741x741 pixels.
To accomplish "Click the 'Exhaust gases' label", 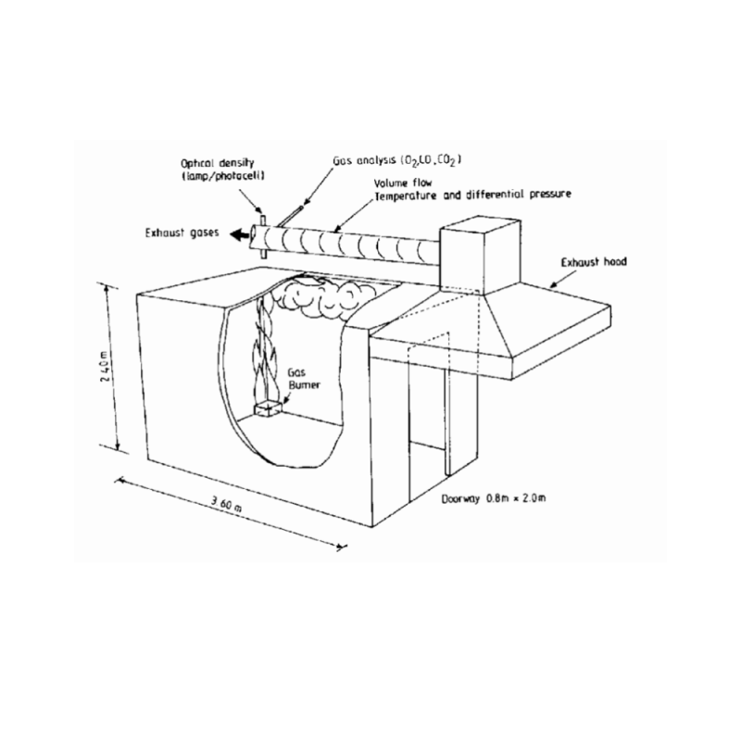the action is tap(182, 233).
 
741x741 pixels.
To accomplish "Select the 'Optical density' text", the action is tap(218, 164).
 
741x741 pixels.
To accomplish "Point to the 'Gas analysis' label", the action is tap(364, 160).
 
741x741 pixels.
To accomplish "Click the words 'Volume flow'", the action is tap(403, 182).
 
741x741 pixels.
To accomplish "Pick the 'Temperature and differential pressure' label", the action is tap(472, 195).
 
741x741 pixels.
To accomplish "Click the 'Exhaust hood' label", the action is tap(594, 262).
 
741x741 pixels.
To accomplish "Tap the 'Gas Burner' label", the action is tap(305, 379).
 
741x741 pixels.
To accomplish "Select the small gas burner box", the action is tap(269, 409).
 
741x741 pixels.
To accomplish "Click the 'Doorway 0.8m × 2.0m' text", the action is tap(494, 498).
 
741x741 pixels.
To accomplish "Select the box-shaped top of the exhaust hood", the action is tap(480, 256).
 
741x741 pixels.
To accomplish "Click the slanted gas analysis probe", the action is tap(290, 216).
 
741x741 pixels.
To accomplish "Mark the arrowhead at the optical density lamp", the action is tap(258, 210).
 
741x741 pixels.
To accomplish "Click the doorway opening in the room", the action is tap(427, 425).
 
